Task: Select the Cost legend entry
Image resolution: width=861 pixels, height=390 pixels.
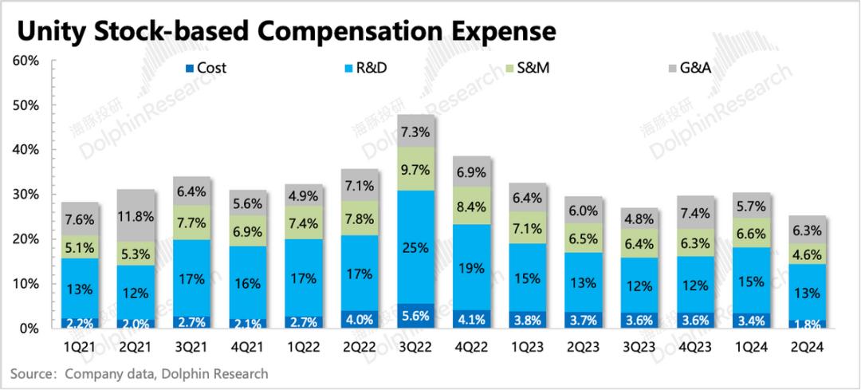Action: click(x=211, y=68)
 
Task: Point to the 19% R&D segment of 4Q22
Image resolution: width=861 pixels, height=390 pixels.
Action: click(x=471, y=268)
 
